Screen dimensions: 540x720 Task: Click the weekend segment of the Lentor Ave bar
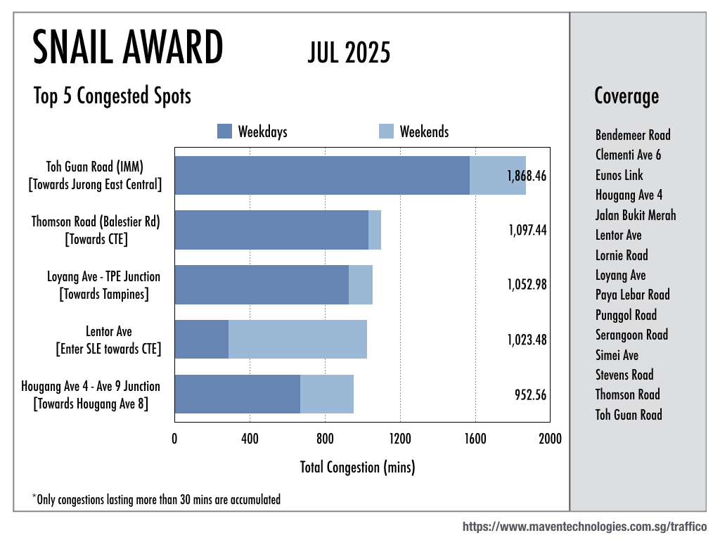tap(297, 339)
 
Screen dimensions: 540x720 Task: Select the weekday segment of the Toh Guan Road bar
tap(321, 175)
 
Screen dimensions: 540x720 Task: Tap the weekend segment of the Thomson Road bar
tap(375, 230)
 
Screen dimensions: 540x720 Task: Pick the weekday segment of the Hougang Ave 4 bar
tap(237, 394)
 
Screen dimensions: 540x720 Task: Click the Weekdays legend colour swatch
tap(224, 131)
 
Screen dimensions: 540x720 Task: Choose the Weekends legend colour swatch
tap(386, 131)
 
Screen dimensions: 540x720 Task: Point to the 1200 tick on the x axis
tap(400, 439)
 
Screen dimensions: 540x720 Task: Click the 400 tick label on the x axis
tap(250, 439)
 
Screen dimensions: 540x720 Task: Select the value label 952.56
tap(530, 394)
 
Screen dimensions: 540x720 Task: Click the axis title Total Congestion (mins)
tap(357, 466)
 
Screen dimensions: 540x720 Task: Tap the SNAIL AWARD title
tap(128, 49)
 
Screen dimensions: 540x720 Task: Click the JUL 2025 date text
tap(349, 52)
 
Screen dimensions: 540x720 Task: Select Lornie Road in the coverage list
tap(622, 255)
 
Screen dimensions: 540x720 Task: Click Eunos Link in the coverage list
tap(619, 175)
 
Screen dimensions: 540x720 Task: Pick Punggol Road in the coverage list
tap(626, 315)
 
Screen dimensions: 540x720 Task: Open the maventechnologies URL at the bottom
tap(584, 527)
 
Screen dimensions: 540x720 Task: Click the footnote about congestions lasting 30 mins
tap(156, 500)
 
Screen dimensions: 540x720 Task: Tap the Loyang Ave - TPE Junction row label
tap(103, 285)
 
